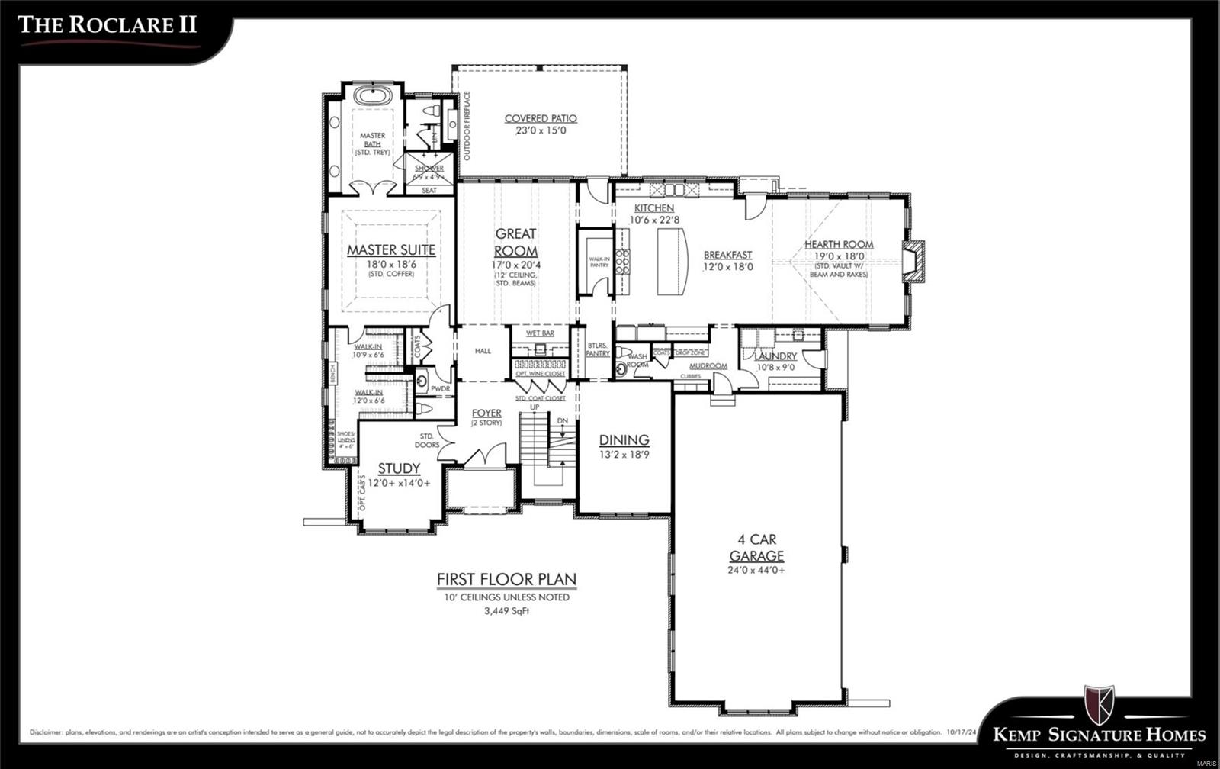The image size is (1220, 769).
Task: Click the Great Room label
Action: click(x=515, y=242)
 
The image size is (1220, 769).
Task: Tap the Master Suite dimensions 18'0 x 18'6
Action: click(x=391, y=264)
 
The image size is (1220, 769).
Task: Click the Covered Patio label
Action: click(x=541, y=118)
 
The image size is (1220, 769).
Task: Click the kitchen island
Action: click(x=673, y=262)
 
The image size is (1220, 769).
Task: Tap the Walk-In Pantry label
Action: click(x=599, y=262)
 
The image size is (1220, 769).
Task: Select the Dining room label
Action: click(x=624, y=439)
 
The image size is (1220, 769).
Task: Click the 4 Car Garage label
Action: click(x=756, y=548)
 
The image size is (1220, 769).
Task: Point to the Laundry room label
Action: click(x=775, y=356)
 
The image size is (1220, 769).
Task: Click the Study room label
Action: click(x=399, y=468)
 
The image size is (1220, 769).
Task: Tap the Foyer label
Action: click(x=486, y=413)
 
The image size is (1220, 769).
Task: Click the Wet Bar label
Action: click(x=540, y=333)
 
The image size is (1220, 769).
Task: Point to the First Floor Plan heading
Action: click(x=506, y=580)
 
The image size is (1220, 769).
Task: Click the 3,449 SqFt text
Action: click(x=506, y=611)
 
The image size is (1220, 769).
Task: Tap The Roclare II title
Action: click(x=107, y=24)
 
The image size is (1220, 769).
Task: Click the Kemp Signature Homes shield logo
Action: click(x=1099, y=703)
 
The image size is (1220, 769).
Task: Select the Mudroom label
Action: click(x=708, y=366)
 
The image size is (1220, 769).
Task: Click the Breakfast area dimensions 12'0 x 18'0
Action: click(x=727, y=267)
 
